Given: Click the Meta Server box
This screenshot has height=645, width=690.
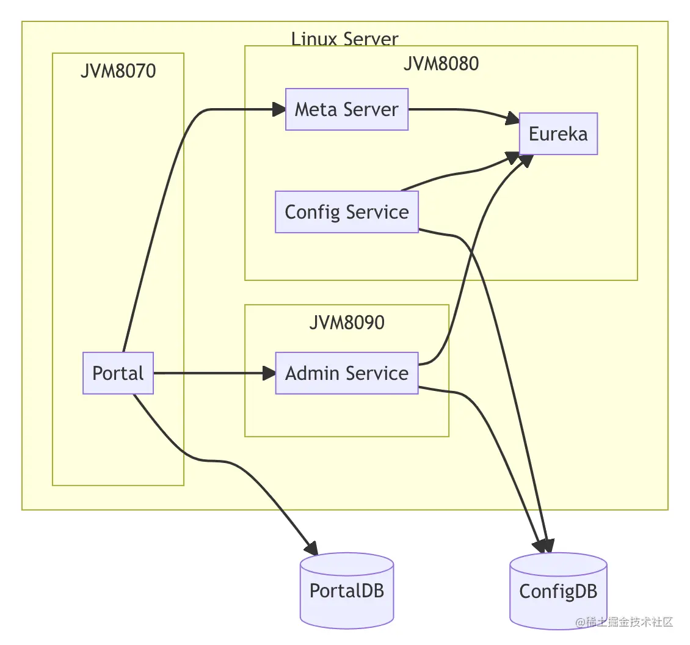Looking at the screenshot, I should tap(346, 110).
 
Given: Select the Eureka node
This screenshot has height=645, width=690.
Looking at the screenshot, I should tap(558, 134).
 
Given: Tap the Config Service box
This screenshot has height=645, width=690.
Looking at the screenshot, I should tap(346, 212).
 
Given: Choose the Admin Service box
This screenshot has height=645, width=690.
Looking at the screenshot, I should tap(346, 373).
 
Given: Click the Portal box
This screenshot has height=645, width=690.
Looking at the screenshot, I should tap(118, 373).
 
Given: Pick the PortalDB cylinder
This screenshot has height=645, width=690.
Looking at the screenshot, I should tap(346, 591).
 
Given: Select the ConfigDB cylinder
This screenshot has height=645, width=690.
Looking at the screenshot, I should tap(558, 591).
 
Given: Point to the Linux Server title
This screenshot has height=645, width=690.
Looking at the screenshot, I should tap(344, 39).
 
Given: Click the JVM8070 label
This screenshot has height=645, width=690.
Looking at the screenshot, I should tap(118, 71).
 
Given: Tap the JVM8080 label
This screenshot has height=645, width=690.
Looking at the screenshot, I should tap(441, 64).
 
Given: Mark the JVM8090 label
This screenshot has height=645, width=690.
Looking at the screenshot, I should tap(346, 322).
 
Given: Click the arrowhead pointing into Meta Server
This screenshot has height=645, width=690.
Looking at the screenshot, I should tap(279, 110).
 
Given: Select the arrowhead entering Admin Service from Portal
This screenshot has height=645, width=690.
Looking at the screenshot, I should tap(269, 373).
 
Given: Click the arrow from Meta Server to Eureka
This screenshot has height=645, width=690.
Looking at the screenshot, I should tap(464, 112).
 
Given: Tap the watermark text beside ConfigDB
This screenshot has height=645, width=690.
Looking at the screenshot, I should tap(624, 622).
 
